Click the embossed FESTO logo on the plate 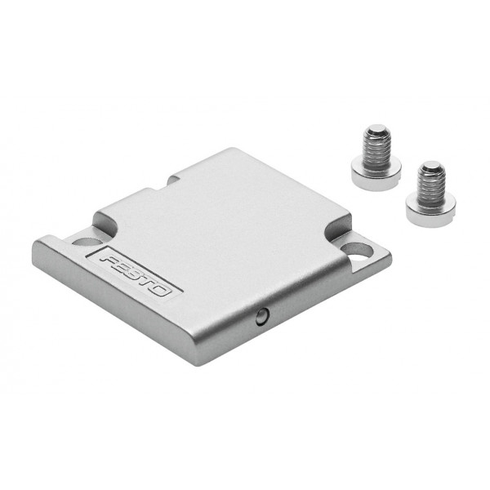135,274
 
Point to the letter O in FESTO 163,290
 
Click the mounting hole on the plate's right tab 357,251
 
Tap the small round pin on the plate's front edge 262,316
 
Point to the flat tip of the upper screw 376,128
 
